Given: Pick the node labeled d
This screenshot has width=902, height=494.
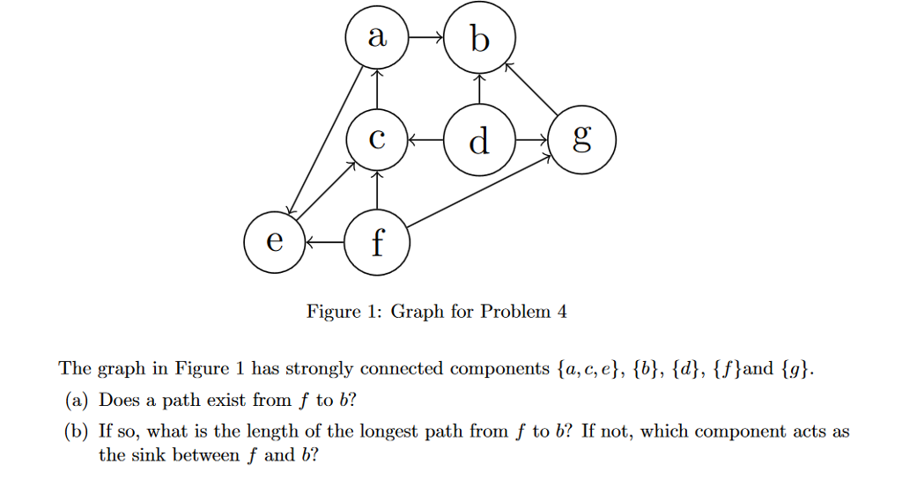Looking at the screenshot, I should [x=479, y=140].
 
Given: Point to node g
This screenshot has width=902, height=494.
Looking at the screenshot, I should [x=581, y=140].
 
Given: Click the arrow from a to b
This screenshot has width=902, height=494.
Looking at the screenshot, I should [x=428, y=40].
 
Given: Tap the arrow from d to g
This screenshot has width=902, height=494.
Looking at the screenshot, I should [x=530, y=140].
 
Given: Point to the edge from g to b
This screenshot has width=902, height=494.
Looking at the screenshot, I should [x=531, y=89].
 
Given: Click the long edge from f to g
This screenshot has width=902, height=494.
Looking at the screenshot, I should [x=479, y=190].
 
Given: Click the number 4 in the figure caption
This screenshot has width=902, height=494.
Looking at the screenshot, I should [x=562, y=312].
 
